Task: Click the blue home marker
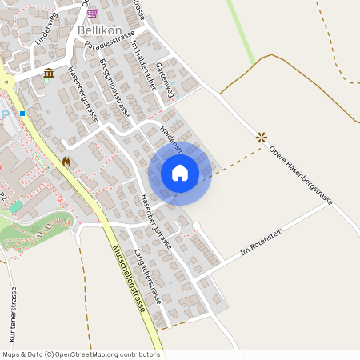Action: click(180, 173)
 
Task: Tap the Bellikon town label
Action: click(99, 30)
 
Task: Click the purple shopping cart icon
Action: click(93, 13)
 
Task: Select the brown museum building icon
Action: click(49, 74)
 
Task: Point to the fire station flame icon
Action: click(66, 162)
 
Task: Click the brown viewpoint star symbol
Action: click(261, 138)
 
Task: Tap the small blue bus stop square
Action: click(22, 114)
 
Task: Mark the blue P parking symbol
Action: click(5, 114)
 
